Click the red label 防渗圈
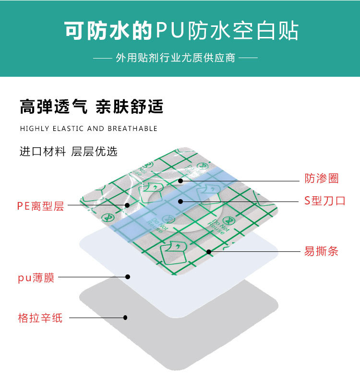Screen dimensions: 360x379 coord(322,179)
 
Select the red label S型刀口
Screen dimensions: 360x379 coord(324,201)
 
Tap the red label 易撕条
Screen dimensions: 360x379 coord(321,251)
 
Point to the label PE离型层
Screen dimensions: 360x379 coord(40,206)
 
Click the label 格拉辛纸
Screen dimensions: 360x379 coord(40,318)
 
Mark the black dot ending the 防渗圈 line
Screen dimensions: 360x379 coord(180,181)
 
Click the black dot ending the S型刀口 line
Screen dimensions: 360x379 coord(180,201)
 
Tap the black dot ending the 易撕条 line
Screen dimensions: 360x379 coord(209,251)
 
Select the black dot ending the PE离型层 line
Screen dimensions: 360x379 coord(127,205)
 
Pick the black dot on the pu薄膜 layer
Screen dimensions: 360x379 coord(128,276)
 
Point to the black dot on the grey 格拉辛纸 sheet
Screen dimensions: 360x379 coord(125,317)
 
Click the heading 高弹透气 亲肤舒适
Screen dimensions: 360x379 coord(91,107)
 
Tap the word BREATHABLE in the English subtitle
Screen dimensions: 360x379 coord(132,129)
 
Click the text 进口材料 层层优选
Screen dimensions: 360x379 coord(68,152)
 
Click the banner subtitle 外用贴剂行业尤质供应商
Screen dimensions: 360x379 coord(175,58)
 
